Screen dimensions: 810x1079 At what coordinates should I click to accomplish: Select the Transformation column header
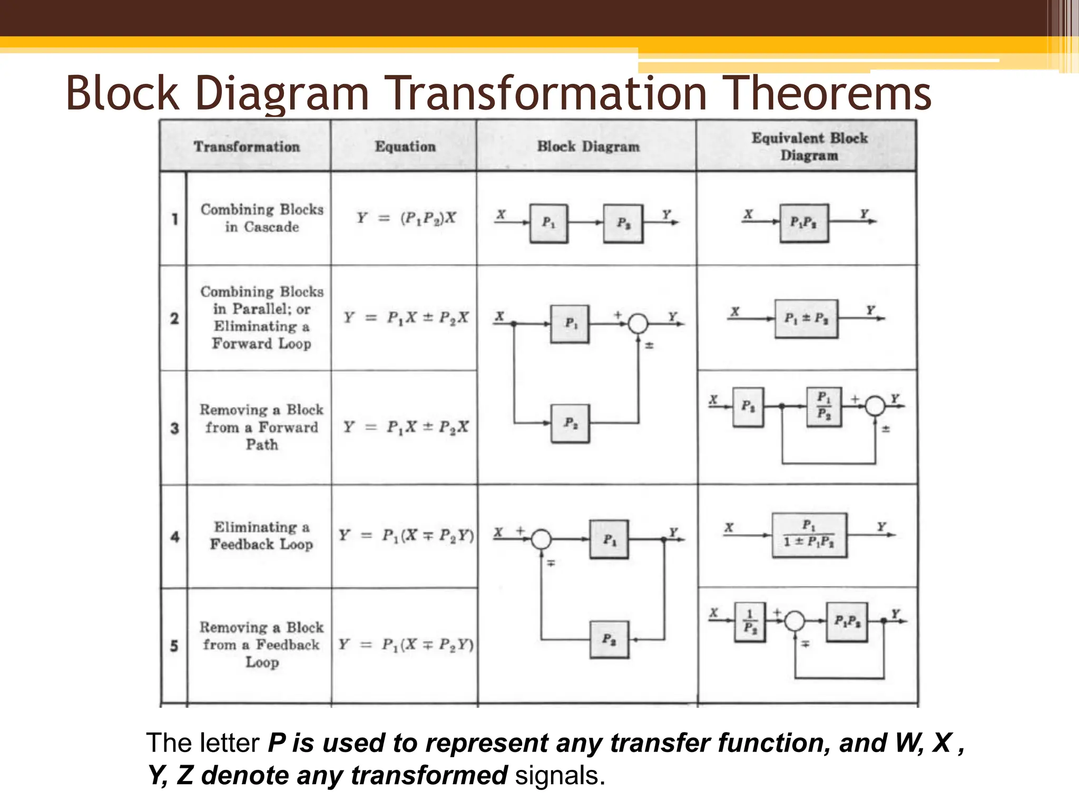(247, 147)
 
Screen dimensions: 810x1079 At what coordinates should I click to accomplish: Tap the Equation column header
(405, 147)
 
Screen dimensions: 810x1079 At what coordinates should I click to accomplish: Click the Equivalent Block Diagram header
(809, 147)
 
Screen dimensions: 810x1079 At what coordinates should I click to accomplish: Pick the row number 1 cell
(174, 218)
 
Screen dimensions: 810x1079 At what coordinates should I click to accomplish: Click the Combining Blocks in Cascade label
(262, 218)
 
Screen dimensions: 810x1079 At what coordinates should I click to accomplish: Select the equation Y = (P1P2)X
(406, 218)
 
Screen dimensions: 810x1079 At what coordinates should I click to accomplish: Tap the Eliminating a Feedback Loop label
(261, 535)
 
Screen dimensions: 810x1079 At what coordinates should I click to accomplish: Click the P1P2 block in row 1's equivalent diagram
(803, 223)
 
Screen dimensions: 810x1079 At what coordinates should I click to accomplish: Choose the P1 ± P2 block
(806, 319)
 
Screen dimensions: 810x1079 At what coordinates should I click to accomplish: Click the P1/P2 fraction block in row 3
(824, 406)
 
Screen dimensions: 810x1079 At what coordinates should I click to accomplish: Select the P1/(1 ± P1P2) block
(809, 535)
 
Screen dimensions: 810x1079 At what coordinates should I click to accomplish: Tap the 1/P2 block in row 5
(750, 622)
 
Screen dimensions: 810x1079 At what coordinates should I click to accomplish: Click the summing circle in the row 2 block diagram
(638, 323)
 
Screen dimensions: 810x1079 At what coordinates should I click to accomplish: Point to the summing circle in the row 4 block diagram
(541, 539)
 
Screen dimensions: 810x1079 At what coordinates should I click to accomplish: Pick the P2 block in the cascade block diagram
(623, 224)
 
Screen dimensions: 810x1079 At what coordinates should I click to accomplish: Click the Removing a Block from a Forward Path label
(261, 427)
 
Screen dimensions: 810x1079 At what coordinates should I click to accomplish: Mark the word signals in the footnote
(560, 776)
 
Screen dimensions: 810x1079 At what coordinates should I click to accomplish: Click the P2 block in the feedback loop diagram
(609, 639)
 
